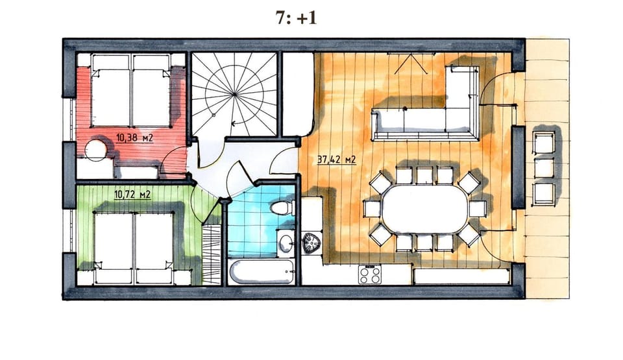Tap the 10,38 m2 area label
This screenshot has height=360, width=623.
pos(134,138)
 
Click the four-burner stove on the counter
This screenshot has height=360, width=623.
pos(370,274)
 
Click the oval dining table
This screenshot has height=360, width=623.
pos(424,210)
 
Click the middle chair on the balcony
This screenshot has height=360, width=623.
pos(544,167)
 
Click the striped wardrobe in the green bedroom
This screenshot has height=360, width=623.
pos(212,254)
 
